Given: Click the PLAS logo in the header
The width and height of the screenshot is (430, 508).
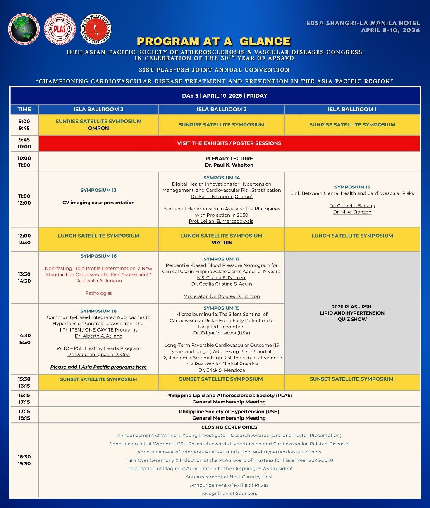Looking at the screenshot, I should (x=60, y=29).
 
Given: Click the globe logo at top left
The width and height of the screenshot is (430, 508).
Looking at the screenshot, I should (x=24, y=29).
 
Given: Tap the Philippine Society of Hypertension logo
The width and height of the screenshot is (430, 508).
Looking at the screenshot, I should (x=96, y=29).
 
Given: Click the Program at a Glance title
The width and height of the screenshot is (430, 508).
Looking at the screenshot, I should (x=214, y=41).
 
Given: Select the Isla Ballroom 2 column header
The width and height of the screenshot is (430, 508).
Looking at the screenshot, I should (x=222, y=110).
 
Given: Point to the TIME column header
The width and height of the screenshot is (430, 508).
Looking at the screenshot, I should (x=24, y=110).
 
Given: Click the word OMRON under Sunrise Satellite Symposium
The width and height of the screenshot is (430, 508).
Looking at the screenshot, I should (x=98, y=128).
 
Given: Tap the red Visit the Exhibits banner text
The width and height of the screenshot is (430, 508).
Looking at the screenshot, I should (x=229, y=143).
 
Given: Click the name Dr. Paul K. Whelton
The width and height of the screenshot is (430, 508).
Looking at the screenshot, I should (x=229, y=165).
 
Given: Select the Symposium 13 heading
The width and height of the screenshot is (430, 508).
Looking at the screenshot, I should (x=98, y=190).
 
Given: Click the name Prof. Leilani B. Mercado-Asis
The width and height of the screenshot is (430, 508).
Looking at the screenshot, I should (x=221, y=221).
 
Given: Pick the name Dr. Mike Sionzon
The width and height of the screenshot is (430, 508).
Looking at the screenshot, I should (x=352, y=212).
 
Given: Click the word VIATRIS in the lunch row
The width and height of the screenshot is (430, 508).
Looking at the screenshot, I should (x=222, y=243).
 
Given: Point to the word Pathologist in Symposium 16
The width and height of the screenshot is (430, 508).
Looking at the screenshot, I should (x=98, y=293).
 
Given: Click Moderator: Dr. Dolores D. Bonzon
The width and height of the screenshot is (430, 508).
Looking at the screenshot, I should (x=222, y=296).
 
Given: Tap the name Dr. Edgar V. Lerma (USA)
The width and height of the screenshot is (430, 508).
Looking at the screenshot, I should (x=222, y=333).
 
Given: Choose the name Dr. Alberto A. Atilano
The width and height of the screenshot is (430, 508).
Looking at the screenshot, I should (x=98, y=336).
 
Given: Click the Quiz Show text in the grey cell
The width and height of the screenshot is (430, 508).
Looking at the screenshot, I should (x=352, y=319).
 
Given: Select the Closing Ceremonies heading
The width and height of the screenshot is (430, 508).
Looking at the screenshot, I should (x=229, y=427).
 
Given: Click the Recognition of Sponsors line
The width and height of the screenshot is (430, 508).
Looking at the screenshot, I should (x=229, y=493).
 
